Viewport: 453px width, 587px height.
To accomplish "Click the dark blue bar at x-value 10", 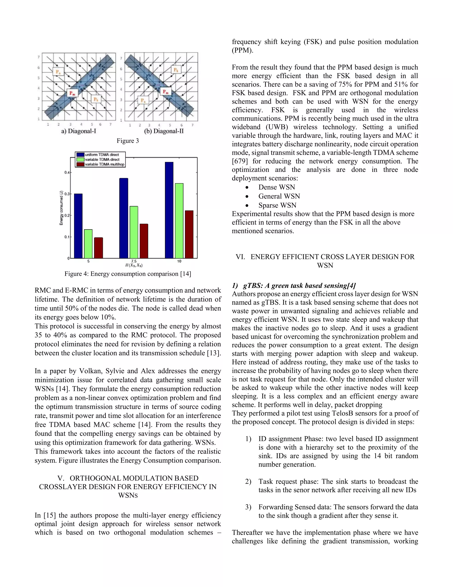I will pos(169,210).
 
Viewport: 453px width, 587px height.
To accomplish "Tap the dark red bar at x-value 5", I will pos(98,248).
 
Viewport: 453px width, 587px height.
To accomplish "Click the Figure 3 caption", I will pos(128,141).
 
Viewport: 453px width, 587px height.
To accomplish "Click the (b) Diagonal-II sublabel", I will pos(164,131).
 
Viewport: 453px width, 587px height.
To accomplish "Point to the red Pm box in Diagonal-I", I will pos(72,93).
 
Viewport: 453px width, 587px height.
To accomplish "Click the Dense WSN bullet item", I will pos(276,187).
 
